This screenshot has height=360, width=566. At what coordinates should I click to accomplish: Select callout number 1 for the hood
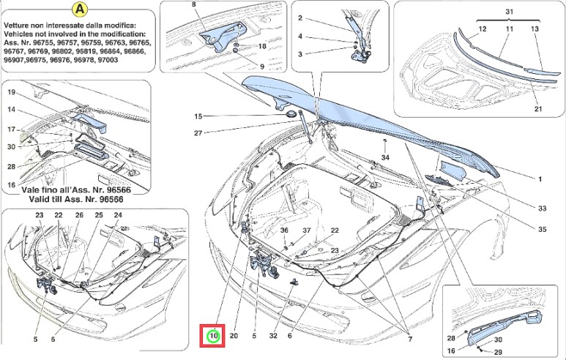540,179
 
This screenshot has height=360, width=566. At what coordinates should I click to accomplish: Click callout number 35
542,230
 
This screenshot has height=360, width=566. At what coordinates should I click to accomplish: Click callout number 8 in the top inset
195,6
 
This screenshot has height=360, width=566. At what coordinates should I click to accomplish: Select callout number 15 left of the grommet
198,116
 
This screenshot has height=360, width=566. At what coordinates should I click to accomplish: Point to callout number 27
198,133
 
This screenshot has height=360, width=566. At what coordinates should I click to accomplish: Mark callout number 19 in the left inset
12,93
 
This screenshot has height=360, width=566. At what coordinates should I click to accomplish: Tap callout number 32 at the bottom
272,336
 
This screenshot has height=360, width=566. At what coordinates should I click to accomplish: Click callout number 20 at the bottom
234,336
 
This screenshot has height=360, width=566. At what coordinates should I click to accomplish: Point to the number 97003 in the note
119,62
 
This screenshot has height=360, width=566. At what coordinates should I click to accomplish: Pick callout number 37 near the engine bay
308,230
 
